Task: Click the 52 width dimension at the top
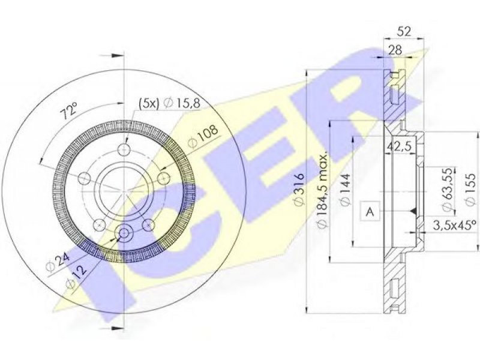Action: (x=404, y=32)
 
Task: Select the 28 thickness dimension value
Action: (x=395, y=50)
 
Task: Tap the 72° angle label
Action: (x=70, y=112)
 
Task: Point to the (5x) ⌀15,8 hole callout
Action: (x=169, y=103)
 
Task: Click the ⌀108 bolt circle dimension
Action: (x=203, y=136)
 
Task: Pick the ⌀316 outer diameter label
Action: (x=299, y=190)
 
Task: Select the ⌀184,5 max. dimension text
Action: (x=322, y=190)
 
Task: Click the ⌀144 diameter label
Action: (x=345, y=190)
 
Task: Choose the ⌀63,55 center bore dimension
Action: (x=447, y=190)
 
